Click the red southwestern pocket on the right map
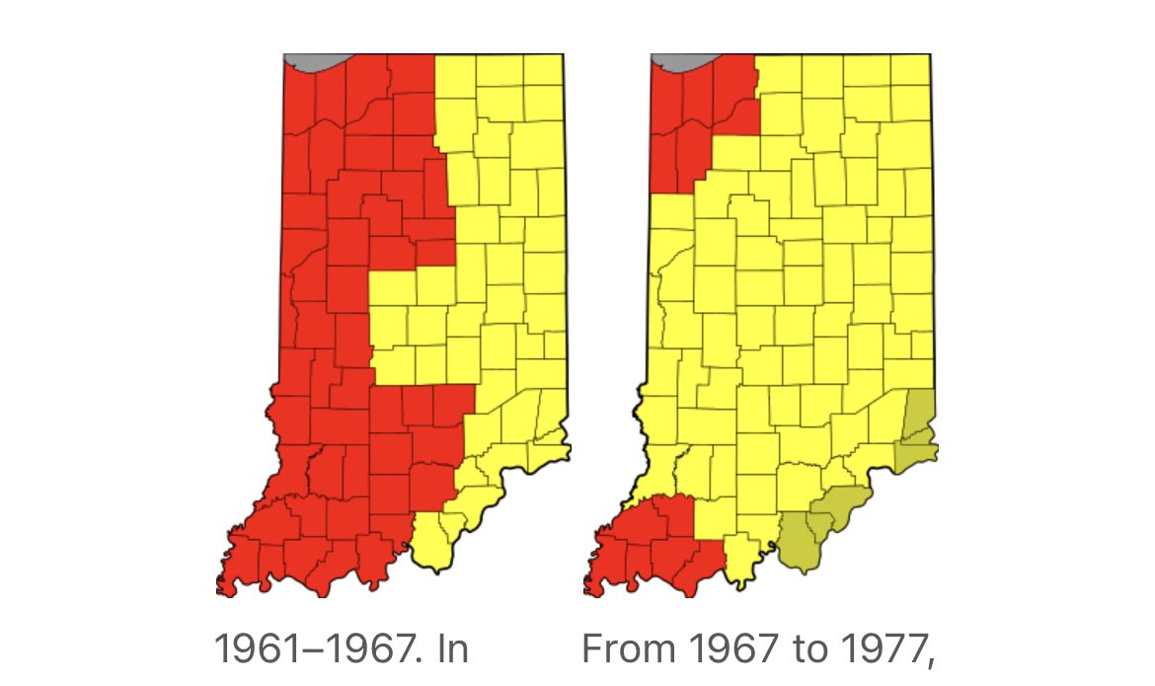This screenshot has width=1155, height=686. tap(652, 543)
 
